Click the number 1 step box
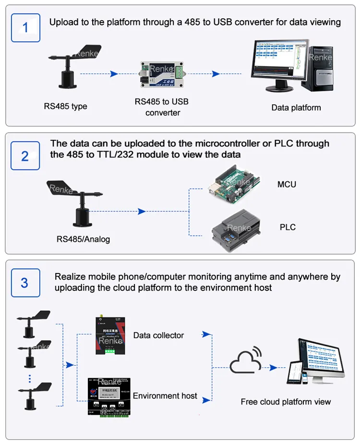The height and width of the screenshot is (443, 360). (25, 27)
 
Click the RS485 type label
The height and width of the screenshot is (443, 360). (65, 106)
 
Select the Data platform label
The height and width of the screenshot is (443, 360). (296, 108)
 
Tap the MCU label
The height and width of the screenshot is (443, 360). (287, 185)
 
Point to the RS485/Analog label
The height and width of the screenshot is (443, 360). (83, 239)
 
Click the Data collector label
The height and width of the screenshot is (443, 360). (158, 335)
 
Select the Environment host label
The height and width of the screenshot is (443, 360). (165, 396)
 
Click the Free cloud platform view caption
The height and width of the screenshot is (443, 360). (286, 402)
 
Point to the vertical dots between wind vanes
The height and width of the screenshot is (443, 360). (29, 379)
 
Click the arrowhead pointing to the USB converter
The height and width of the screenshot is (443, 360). (114, 74)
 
